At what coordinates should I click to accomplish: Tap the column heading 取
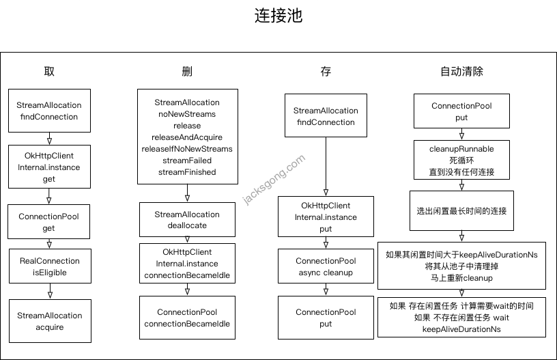49,71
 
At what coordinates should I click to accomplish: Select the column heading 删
187,71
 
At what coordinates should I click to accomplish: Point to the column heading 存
326,71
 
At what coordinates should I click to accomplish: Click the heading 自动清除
461,71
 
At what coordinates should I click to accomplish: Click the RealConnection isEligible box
48,267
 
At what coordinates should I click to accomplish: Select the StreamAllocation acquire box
48,321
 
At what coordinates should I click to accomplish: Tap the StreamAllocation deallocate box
187,220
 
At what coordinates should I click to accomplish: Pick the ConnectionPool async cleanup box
326,267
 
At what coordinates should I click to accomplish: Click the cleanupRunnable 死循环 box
461,160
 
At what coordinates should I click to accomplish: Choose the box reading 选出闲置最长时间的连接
461,211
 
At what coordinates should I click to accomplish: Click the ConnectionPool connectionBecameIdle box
187,318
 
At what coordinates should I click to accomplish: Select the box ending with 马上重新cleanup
461,266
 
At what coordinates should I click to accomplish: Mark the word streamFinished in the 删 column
186,172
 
